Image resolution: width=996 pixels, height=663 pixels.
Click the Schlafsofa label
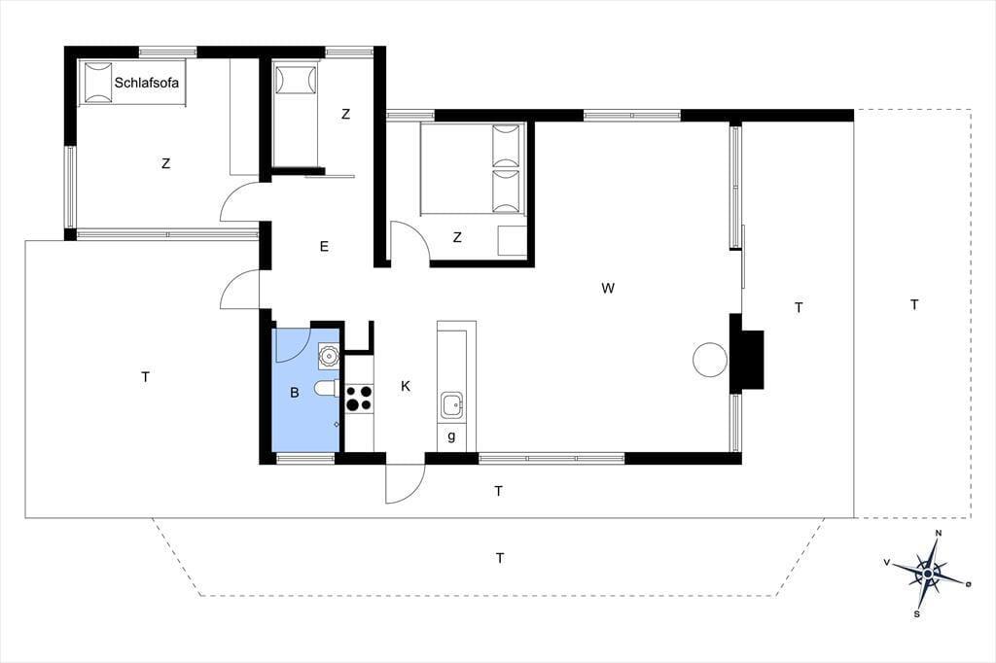pos(146,83)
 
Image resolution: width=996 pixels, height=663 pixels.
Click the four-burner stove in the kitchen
pos(359,399)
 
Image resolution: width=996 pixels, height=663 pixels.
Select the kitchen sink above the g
pos(451,405)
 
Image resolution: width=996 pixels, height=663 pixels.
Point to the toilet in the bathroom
pos(328,387)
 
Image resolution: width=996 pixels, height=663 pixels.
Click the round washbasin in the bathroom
pos(329,356)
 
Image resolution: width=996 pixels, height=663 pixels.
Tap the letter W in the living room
pos(608,289)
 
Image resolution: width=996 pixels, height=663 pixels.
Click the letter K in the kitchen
pos(406,386)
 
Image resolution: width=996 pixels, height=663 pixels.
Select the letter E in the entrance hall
pos(324,246)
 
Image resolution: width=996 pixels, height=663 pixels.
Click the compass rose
pos(928,575)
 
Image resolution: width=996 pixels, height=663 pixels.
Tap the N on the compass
pos(939,533)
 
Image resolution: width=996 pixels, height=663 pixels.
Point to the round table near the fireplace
pos(709,360)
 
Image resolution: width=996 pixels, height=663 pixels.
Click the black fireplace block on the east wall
pos(746,353)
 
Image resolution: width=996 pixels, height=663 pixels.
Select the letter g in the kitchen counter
pos(451,436)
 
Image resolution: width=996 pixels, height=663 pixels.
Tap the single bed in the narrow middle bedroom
pos(295,115)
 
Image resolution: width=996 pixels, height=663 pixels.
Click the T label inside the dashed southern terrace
pos(500,558)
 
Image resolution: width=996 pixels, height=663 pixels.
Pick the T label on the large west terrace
pos(146,377)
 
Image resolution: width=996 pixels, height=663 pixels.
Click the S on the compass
pos(916,614)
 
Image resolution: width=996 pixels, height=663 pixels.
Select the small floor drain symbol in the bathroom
pos(337,424)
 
